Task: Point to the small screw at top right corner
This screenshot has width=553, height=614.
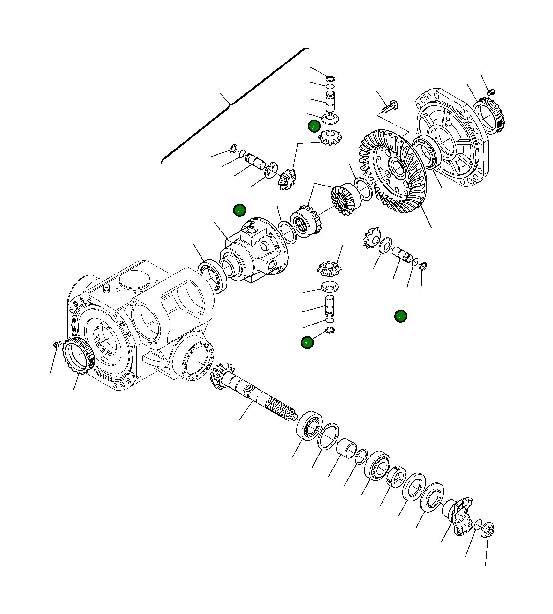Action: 491,92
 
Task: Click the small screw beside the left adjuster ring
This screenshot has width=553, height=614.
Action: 57,344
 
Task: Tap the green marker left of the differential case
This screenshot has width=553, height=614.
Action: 239,210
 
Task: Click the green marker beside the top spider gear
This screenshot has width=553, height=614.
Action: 314,126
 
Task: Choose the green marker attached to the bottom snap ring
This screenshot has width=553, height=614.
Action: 307,342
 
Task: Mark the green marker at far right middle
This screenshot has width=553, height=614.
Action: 400,316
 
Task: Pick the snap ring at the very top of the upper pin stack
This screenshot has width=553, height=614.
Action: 330,78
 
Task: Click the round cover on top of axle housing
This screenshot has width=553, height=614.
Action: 134,280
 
